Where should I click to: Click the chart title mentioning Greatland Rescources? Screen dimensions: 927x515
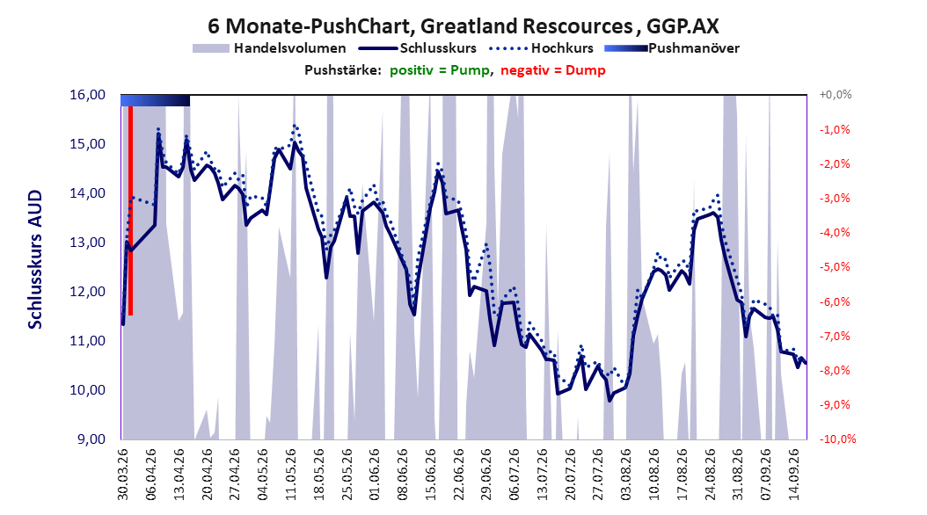(x=463, y=26)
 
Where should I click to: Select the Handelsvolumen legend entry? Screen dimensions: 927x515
(x=269, y=48)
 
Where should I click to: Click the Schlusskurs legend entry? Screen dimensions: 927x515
(x=418, y=48)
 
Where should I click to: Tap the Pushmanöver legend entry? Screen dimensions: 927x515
(x=672, y=48)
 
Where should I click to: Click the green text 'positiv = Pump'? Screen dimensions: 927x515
(x=440, y=70)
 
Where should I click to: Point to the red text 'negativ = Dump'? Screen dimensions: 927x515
(x=553, y=70)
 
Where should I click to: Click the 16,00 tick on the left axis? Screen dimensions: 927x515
(x=87, y=95)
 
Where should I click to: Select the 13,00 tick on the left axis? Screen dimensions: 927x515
(x=87, y=243)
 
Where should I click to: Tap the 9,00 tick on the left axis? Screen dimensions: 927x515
(x=91, y=439)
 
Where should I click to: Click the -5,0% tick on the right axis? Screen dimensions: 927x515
(x=835, y=267)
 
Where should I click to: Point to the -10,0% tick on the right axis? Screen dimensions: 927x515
(x=837, y=439)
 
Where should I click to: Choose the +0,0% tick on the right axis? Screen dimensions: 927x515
(x=836, y=95)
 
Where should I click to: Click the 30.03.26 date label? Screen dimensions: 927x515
(x=122, y=475)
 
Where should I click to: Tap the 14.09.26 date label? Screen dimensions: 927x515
(x=794, y=475)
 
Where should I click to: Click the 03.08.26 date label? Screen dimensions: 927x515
(x=627, y=475)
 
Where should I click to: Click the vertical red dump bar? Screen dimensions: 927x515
(x=131, y=210)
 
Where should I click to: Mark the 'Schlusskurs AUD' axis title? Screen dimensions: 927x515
(x=35, y=259)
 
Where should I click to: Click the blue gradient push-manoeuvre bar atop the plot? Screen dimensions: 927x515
(x=156, y=100)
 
